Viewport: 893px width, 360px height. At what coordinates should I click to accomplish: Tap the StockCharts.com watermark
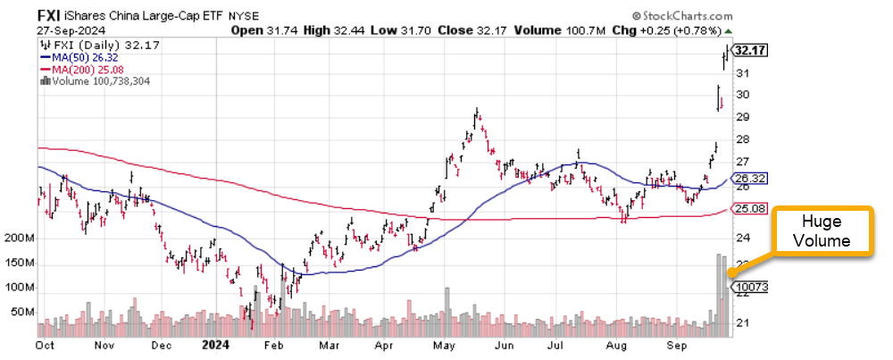(682, 16)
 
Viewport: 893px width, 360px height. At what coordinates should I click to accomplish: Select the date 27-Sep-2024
(67, 29)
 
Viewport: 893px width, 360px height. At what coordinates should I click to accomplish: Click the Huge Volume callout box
(821, 230)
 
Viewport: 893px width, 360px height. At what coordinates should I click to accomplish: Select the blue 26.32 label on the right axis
(747, 178)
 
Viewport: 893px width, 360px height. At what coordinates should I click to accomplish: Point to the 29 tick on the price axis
(741, 117)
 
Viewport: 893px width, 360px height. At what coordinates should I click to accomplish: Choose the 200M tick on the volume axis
(19, 239)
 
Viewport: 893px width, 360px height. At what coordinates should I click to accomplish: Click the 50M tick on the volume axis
(21, 313)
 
